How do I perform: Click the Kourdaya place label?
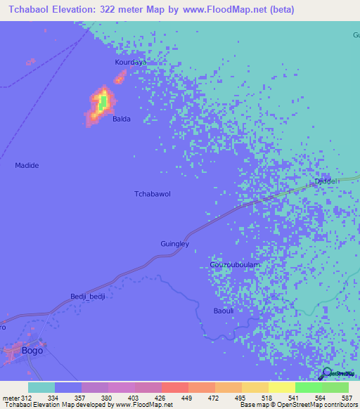tap(131, 63)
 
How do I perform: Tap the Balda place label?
tap(122, 119)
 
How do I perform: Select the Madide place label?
tap(27, 165)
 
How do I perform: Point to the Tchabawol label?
tap(153, 193)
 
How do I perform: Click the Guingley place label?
tap(175, 244)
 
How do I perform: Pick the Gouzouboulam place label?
tap(235, 265)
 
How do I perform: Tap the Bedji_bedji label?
tap(88, 297)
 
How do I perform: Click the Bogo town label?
tap(32, 350)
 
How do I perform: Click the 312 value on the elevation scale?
tap(19, 398)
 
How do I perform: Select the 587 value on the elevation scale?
tap(347, 398)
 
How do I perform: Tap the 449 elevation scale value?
tap(186, 398)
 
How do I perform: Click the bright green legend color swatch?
tap(308, 387)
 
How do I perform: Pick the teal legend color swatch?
tap(41, 387)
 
